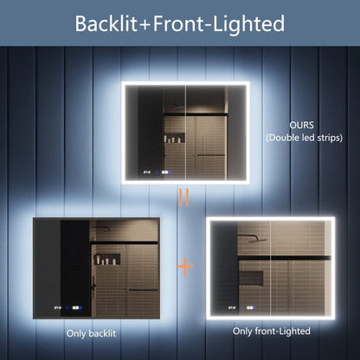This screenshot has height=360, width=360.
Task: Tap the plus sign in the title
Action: coord(153,24)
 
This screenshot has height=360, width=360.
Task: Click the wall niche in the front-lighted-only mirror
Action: coord(253,278)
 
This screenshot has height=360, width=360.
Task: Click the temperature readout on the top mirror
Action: coord(148,171)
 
